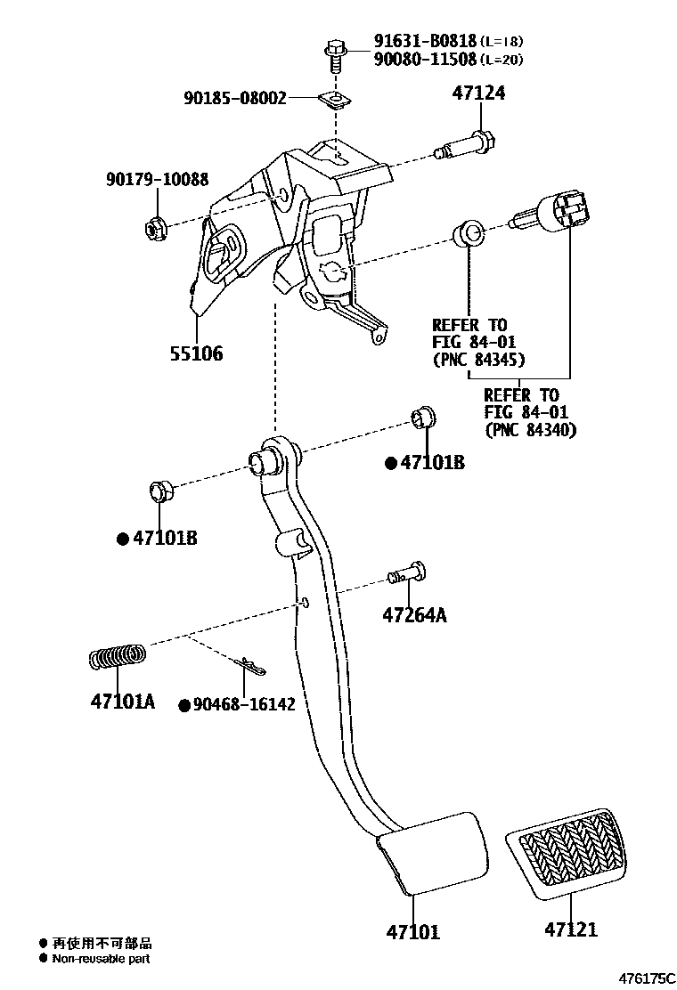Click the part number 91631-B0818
coord(424,41)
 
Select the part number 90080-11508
coord(424,60)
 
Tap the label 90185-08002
coord(236,98)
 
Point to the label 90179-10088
coord(157,181)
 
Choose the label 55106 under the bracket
coord(196,353)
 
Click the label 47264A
coord(414,614)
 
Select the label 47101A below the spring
coord(122,702)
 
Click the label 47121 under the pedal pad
coord(571,929)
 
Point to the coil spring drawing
coord(118,658)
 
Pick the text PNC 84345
coord(478,360)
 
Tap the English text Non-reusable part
coord(101,959)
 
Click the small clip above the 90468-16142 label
coord(251,666)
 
